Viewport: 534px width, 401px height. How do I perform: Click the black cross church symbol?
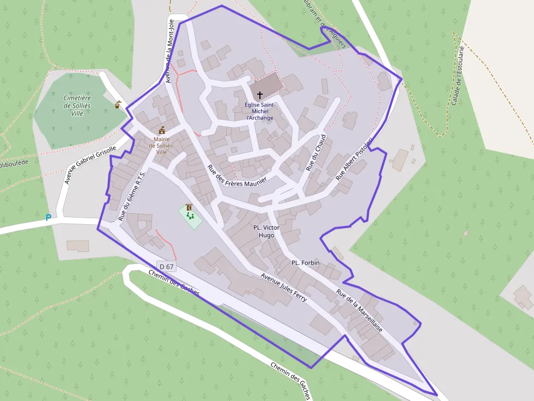(259, 95)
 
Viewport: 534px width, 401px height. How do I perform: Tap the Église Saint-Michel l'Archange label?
(260, 111)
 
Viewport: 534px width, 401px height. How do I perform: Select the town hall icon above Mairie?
(162, 131)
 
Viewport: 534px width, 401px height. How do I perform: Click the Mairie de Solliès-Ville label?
(162, 145)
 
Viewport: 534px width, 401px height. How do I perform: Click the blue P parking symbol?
(48, 218)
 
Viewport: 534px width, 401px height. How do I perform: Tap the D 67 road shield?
(167, 266)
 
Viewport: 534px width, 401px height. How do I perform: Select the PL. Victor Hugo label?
(266, 231)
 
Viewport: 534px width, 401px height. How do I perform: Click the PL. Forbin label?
(305, 262)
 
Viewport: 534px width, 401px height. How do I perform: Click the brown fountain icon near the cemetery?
(118, 104)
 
